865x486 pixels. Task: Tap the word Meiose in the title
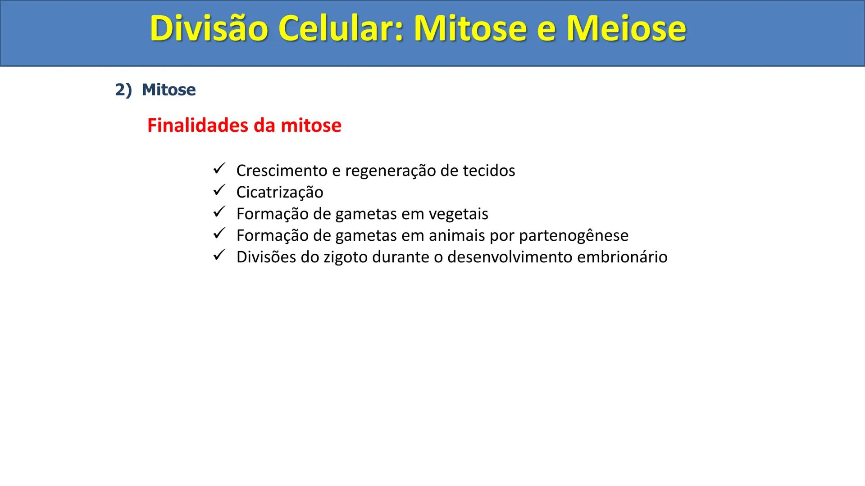pos(626,28)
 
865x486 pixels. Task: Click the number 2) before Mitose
pos(123,90)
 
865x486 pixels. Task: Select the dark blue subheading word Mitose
pos(168,90)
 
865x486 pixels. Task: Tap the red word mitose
pos(311,125)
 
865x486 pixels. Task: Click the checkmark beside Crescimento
pos(219,169)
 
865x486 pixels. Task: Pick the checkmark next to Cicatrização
pos(219,191)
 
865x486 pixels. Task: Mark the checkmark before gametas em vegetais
pos(219,212)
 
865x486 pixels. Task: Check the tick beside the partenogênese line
pos(219,234)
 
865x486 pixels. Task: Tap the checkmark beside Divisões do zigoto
pos(219,256)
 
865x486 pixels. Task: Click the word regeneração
pos(390,171)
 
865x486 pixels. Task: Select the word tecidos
pos(489,171)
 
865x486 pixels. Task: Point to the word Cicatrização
pos(280,193)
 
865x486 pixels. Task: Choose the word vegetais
pos(458,214)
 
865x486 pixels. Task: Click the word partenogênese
pos(574,236)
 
